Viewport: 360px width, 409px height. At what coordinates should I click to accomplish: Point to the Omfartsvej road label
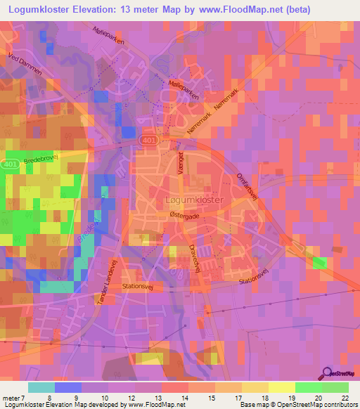[250, 188]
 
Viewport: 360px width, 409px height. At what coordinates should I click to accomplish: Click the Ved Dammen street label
[22, 63]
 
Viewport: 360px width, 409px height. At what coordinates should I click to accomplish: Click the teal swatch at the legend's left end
[41, 387]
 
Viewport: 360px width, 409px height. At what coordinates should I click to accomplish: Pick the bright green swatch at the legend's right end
[335, 387]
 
